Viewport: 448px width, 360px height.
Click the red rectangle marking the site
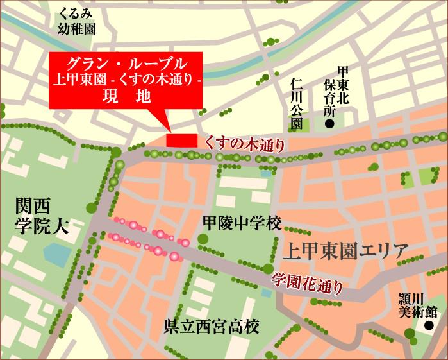(x=181, y=140)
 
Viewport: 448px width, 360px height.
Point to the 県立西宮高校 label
(x=211, y=327)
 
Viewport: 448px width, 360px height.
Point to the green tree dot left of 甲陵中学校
(x=203, y=239)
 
